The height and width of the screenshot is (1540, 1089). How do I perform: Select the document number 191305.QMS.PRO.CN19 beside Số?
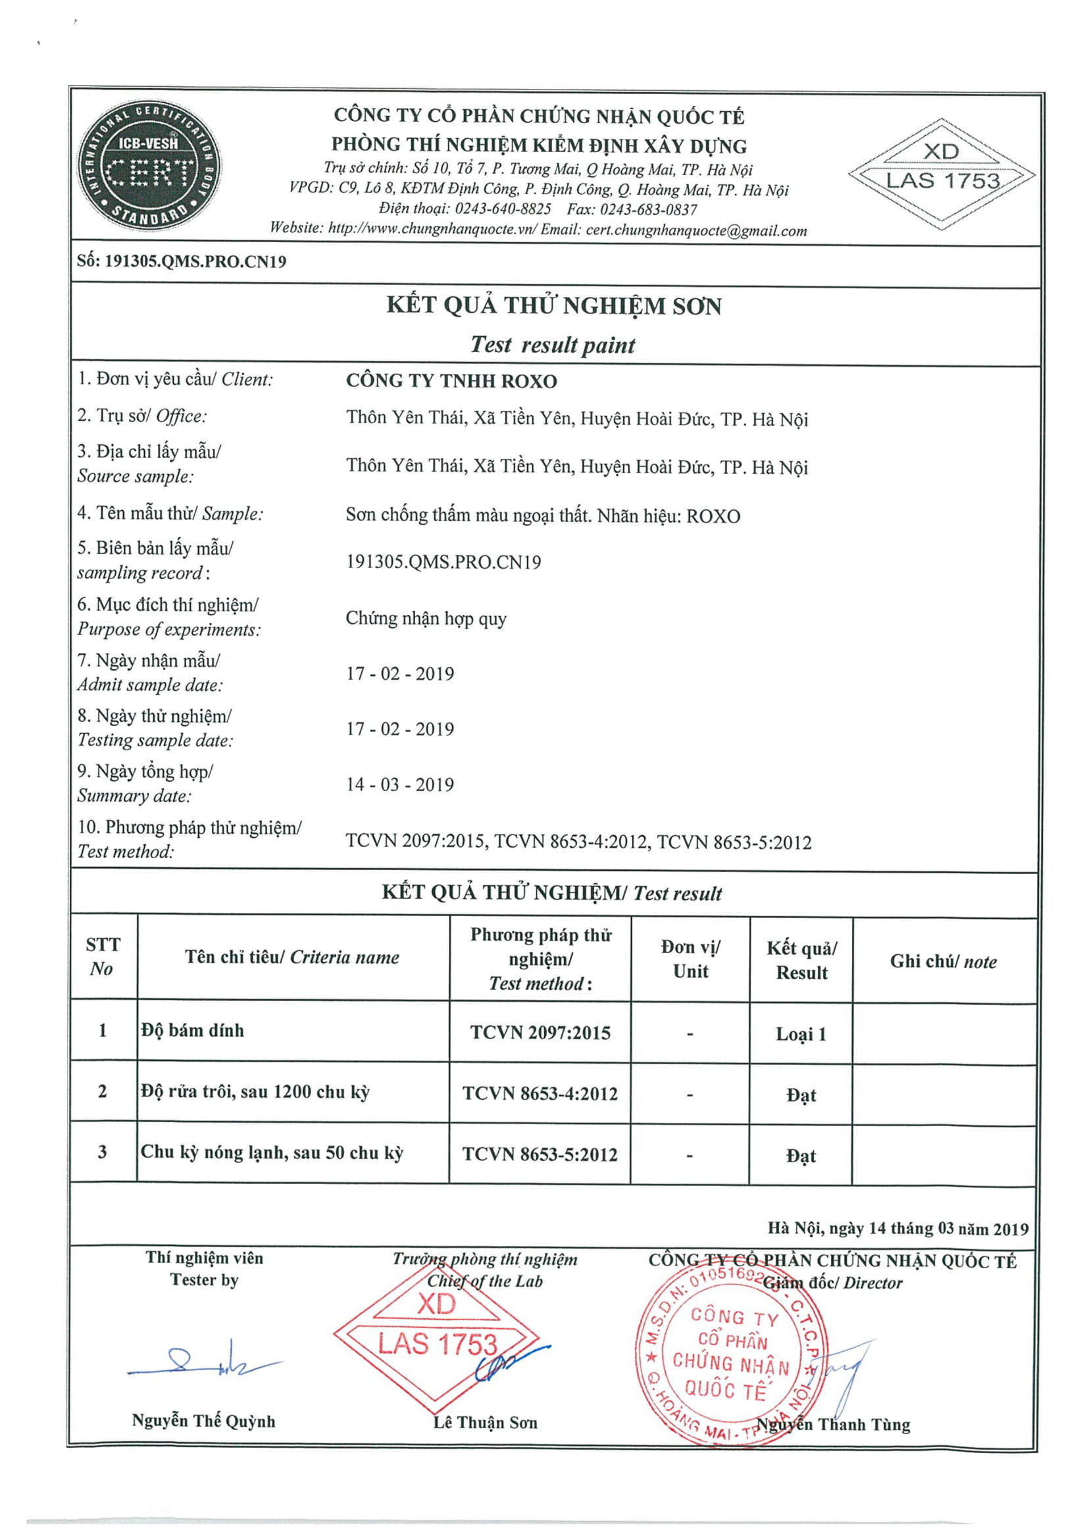coord(195,261)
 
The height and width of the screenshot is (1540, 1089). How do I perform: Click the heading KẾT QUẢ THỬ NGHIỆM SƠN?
coord(553,306)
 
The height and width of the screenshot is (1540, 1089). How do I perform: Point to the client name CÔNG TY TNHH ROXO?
coord(451,381)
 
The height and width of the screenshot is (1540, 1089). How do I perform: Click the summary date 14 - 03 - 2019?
coord(399,784)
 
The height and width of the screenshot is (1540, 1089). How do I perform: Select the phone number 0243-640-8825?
coord(502,209)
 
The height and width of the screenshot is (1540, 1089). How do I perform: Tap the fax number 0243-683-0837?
coord(648,209)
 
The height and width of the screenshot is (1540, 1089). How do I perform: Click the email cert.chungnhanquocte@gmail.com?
coord(696,230)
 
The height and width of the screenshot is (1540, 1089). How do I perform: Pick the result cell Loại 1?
coord(801,1034)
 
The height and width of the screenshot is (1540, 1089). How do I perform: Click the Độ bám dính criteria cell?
coord(192,1030)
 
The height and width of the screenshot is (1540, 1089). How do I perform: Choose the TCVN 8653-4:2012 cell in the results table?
coord(540,1093)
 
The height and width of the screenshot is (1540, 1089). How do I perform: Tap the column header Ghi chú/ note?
coord(943,962)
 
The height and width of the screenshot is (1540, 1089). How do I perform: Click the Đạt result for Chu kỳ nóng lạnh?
coord(801,1156)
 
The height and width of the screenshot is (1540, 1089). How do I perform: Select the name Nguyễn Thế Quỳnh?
coord(203,1421)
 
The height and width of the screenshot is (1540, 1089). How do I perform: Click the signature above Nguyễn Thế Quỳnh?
coord(201,1362)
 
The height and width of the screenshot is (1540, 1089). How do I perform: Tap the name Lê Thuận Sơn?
coord(485,1422)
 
